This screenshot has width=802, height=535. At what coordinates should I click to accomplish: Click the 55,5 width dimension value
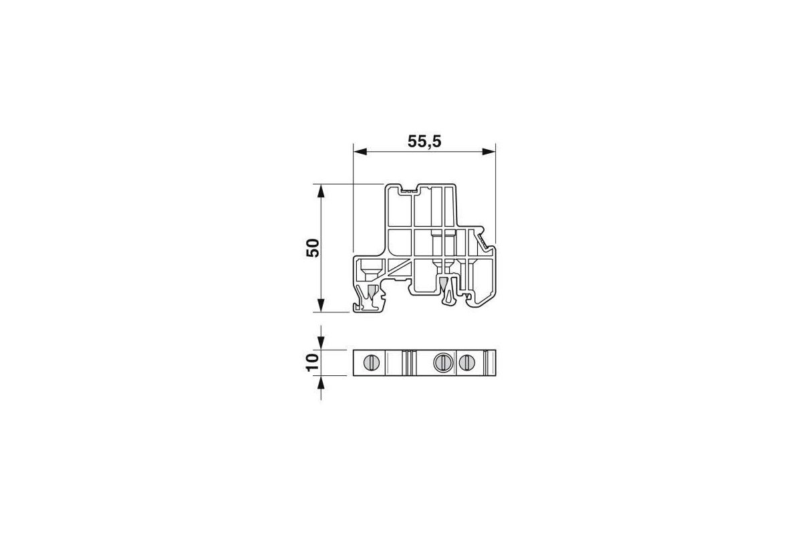(424, 142)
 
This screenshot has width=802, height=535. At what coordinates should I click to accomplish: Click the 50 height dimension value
(313, 247)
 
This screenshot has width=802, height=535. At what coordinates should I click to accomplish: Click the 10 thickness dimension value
(313, 362)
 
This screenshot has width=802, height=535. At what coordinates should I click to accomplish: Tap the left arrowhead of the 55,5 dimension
(360, 152)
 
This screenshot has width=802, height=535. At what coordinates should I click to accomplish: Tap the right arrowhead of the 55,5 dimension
(489, 152)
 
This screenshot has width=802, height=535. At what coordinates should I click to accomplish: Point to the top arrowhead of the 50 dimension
(321, 191)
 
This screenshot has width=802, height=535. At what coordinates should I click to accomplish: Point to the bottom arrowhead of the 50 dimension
(321, 306)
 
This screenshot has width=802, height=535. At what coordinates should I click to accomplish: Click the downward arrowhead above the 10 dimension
(321, 343)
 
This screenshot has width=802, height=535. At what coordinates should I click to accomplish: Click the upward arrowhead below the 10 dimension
(321, 383)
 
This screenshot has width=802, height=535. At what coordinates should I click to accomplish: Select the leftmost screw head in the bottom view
(372, 363)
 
